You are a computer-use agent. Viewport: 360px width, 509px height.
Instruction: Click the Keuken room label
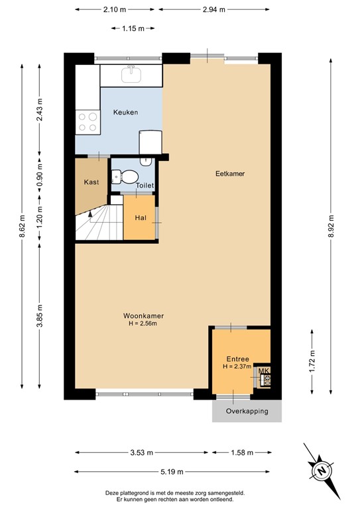coord(125,112)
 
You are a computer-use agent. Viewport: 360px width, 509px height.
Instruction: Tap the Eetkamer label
coord(230,174)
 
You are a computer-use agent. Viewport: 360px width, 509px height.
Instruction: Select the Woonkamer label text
coord(143,315)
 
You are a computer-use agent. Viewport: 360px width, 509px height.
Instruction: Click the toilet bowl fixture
coord(126,176)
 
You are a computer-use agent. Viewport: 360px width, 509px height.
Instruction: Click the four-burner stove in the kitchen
coord(87,122)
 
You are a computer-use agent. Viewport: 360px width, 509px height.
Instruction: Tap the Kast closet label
coord(91,182)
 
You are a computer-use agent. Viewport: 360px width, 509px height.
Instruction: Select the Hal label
coord(141,217)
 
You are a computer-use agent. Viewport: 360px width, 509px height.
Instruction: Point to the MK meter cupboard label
coord(263,371)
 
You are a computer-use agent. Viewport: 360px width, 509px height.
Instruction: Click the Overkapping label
coord(247,411)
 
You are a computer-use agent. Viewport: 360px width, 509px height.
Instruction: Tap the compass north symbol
coord(320,471)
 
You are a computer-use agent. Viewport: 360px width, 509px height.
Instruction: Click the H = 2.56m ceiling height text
coord(143,324)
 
